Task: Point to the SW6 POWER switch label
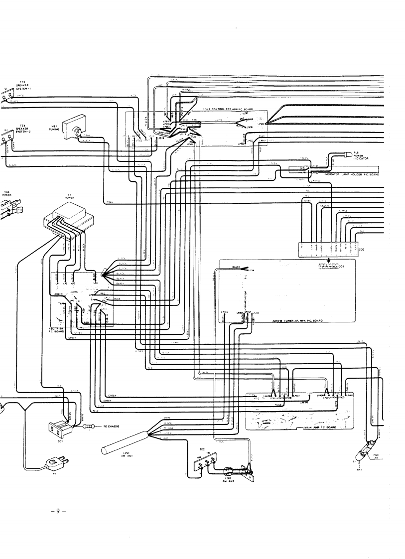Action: pos(6,195)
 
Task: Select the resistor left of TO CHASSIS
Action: pos(90,427)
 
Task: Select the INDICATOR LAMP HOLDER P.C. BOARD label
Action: pos(351,175)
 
